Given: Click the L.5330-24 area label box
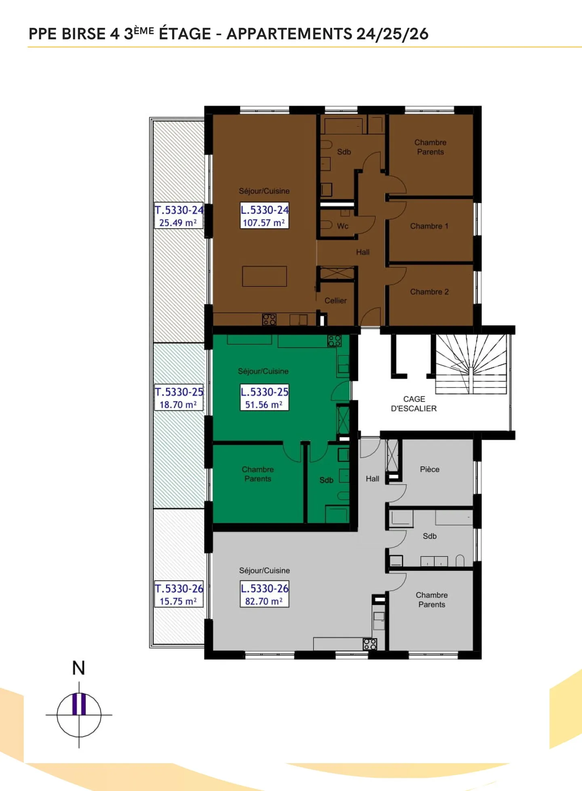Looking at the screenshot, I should click(x=264, y=216).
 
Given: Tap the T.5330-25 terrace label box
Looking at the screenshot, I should click(x=179, y=398).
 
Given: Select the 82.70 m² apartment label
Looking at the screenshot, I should click(x=264, y=594).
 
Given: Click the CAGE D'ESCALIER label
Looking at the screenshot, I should click(x=413, y=404).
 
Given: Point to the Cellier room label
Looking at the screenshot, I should click(x=335, y=300).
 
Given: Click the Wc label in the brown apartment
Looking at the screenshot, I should click(x=342, y=226).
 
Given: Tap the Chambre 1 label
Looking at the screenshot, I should click(x=429, y=226).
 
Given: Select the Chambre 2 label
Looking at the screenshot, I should click(x=429, y=292).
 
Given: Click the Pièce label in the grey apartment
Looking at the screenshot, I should click(x=429, y=469).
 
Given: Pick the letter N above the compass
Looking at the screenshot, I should click(x=78, y=668).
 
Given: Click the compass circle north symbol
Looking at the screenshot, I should click(x=79, y=714).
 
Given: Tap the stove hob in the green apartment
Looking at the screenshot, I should click(x=334, y=341).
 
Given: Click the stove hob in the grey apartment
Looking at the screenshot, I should click(x=370, y=644).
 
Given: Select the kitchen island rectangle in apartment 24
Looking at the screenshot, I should click(x=264, y=276).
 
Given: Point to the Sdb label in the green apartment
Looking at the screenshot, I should click(x=326, y=480).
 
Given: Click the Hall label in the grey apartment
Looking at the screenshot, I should click(x=372, y=479).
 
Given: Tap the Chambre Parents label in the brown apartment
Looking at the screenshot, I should click(x=430, y=147).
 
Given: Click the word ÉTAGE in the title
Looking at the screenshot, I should click(x=185, y=34).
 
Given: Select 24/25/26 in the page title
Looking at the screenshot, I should click(x=392, y=34).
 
